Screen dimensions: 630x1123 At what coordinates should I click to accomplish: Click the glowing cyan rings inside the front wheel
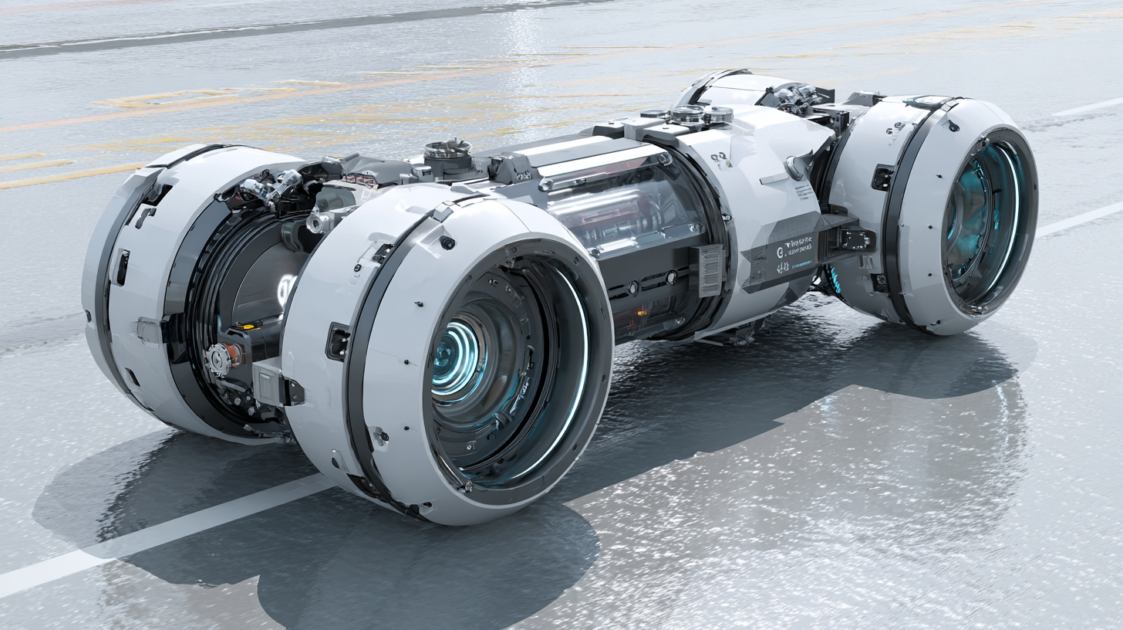(x=457, y=360)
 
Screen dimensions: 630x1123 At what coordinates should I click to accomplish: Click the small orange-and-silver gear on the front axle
(x=220, y=357)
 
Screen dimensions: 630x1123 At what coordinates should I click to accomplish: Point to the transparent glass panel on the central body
(x=625, y=205)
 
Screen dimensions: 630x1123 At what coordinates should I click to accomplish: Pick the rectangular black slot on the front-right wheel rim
(x=337, y=341)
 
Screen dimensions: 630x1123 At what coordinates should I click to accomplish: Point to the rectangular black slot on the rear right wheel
(x=881, y=178)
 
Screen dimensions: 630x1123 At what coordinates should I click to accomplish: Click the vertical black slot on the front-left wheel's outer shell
(x=122, y=267)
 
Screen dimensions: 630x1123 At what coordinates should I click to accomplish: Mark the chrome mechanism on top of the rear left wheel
(x=794, y=98)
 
